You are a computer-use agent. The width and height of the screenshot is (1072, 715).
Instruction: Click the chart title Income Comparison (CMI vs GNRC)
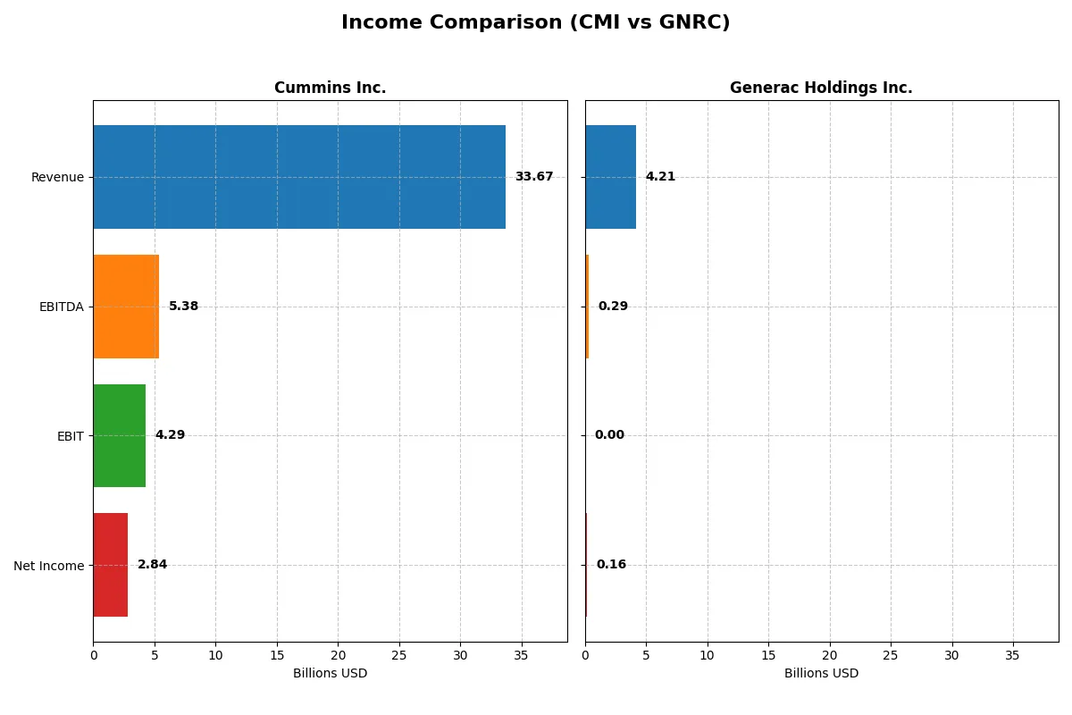[x=535, y=23]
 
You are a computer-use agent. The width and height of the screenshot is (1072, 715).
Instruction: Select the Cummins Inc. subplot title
[x=330, y=88]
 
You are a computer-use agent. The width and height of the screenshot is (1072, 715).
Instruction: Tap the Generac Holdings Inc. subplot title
[x=821, y=88]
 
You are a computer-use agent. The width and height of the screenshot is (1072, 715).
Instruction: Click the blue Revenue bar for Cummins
[x=299, y=177]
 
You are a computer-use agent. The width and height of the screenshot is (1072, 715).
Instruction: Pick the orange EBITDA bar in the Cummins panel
[x=126, y=307]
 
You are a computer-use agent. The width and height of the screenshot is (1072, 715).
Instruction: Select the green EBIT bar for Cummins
[x=119, y=436]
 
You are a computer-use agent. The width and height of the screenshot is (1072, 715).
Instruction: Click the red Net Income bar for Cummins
[x=110, y=565]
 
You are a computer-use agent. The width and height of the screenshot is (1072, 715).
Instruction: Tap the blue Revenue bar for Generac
[x=610, y=177]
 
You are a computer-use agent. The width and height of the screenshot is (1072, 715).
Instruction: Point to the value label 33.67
[x=533, y=177]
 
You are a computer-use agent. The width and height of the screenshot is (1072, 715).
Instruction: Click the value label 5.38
[x=183, y=307]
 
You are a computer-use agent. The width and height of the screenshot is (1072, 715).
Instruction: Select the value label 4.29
[x=170, y=435]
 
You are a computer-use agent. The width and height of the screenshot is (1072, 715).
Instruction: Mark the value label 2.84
[x=152, y=565]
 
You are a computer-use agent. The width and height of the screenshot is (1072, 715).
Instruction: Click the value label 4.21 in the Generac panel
[x=660, y=177]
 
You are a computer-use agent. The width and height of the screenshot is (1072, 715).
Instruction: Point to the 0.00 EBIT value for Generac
[x=609, y=435]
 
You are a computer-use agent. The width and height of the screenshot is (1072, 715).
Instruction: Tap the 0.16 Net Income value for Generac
[x=611, y=565]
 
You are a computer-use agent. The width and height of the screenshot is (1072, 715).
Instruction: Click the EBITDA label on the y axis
[x=61, y=307]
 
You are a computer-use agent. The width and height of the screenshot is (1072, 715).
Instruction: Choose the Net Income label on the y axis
[x=48, y=566]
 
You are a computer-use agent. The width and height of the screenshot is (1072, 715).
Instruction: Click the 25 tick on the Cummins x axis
[x=399, y=655]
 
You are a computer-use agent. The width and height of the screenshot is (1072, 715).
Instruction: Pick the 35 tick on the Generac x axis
[x=1013, y=655]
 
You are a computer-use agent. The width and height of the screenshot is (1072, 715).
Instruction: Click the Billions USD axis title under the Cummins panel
[x=330, y=674]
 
